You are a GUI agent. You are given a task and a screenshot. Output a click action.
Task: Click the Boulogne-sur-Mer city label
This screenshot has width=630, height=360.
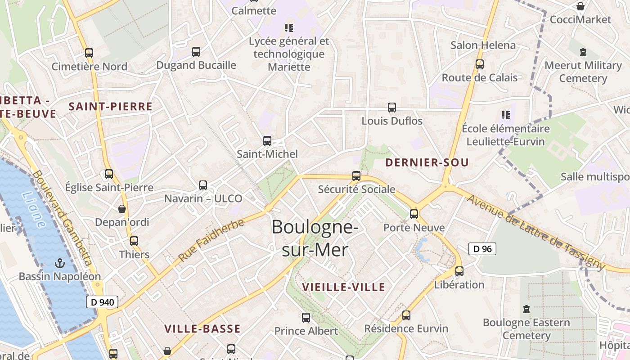pos(315,238)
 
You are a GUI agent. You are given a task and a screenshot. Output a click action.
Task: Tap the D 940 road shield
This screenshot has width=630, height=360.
pos(102,302)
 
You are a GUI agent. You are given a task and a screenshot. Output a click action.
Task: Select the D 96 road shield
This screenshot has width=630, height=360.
pos(482,249)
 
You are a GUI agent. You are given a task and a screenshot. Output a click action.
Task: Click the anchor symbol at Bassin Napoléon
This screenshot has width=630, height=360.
pos(59,263)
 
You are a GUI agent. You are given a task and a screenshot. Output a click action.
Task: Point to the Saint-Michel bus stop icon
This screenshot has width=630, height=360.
pos(267,141)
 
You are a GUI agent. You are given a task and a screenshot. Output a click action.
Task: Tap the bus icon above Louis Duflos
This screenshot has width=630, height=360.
pos(392,108)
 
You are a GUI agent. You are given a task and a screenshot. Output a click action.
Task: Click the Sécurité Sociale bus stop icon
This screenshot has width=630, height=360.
pos(356,176)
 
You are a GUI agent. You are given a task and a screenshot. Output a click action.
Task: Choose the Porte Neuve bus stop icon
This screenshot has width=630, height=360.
pos(414,214)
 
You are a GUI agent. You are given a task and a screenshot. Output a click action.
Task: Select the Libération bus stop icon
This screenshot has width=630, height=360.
pos(459,271)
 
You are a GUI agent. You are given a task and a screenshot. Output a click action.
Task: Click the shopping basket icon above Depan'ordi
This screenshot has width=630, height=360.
pos(122,209)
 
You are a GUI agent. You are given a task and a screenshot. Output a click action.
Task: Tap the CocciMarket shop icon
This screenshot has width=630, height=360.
pos(581,6)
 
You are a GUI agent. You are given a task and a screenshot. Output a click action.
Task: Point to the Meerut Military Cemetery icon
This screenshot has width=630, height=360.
pos(583,52)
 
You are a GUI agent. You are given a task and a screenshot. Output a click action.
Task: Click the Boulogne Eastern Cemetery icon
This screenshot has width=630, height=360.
pos(526,310)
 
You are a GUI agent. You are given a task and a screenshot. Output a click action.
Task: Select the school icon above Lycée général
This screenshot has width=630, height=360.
pos(289,28)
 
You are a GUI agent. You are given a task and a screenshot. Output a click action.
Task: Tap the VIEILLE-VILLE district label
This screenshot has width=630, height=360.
pos(344,287)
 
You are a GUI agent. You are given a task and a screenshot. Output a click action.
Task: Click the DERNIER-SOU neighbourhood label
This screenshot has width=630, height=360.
pos(427,162)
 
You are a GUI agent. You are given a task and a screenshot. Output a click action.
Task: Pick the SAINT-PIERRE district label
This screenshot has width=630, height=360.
pos(110,107)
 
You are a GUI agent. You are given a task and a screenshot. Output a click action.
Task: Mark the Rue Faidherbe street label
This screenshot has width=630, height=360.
pos(211,240)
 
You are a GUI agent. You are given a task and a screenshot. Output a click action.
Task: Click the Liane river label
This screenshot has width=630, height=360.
pos(33,210)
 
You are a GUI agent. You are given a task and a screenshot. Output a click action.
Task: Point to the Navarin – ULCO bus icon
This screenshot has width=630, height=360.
pos(203,185)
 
